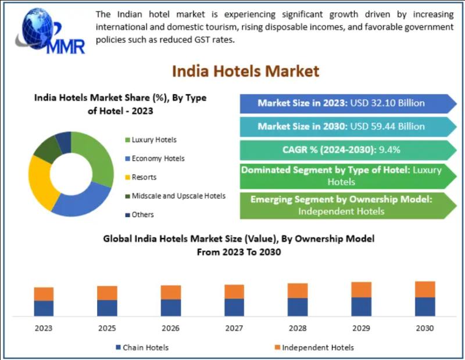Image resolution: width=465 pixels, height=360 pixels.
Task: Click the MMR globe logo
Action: click(49, 32)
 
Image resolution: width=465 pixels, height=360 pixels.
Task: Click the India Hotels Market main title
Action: click(245, 71)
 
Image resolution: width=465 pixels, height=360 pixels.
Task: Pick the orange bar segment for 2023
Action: click(44, 294)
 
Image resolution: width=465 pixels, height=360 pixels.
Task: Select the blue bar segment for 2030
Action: click(425, 307)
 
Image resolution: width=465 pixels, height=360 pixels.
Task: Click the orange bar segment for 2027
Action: click(234, 291)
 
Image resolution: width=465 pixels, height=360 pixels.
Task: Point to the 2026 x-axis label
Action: click(171, 328)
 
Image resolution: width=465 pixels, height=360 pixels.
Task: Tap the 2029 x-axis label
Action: click(361, 328)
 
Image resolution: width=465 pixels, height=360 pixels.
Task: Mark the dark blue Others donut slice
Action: click(63, 141)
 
